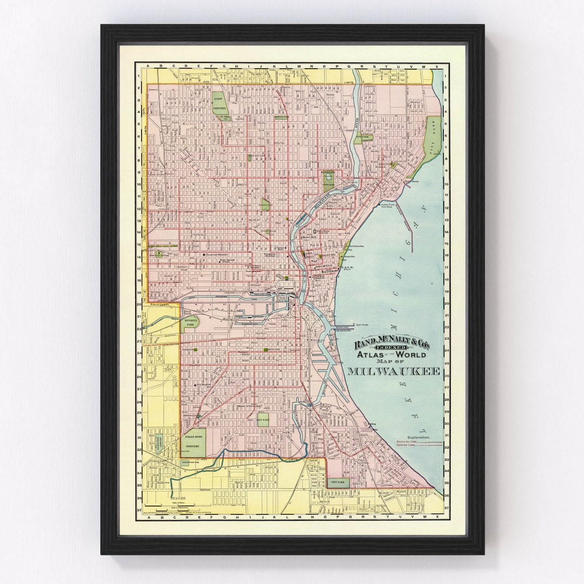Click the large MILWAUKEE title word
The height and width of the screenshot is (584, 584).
[393, 371]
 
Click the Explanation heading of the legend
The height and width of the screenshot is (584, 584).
[419, 436]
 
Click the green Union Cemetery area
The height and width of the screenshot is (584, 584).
[218, 103]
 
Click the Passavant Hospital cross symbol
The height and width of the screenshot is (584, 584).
[204, 255]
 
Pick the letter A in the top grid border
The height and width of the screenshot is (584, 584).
[147, 67]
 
